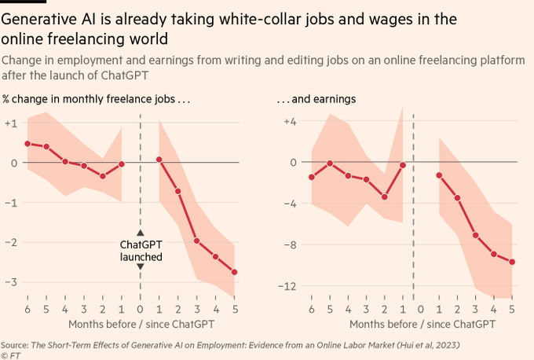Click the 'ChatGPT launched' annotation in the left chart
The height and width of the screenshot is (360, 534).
pos(141,251)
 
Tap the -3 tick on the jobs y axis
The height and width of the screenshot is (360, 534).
pos(11,281)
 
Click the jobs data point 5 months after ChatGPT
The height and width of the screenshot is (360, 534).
pos(235,272)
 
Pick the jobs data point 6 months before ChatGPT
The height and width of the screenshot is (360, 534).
pos(27,144)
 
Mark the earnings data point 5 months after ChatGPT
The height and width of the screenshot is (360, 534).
pos(512,262)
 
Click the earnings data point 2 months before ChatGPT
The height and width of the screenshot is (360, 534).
pos(384,197)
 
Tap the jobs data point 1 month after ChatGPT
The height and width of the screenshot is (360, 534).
pos(159,160)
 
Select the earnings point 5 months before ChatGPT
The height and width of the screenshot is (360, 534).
pos(330,163)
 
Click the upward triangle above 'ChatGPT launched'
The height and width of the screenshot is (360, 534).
pos(141,233)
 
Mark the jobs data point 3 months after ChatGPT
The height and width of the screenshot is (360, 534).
pos(197,241)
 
